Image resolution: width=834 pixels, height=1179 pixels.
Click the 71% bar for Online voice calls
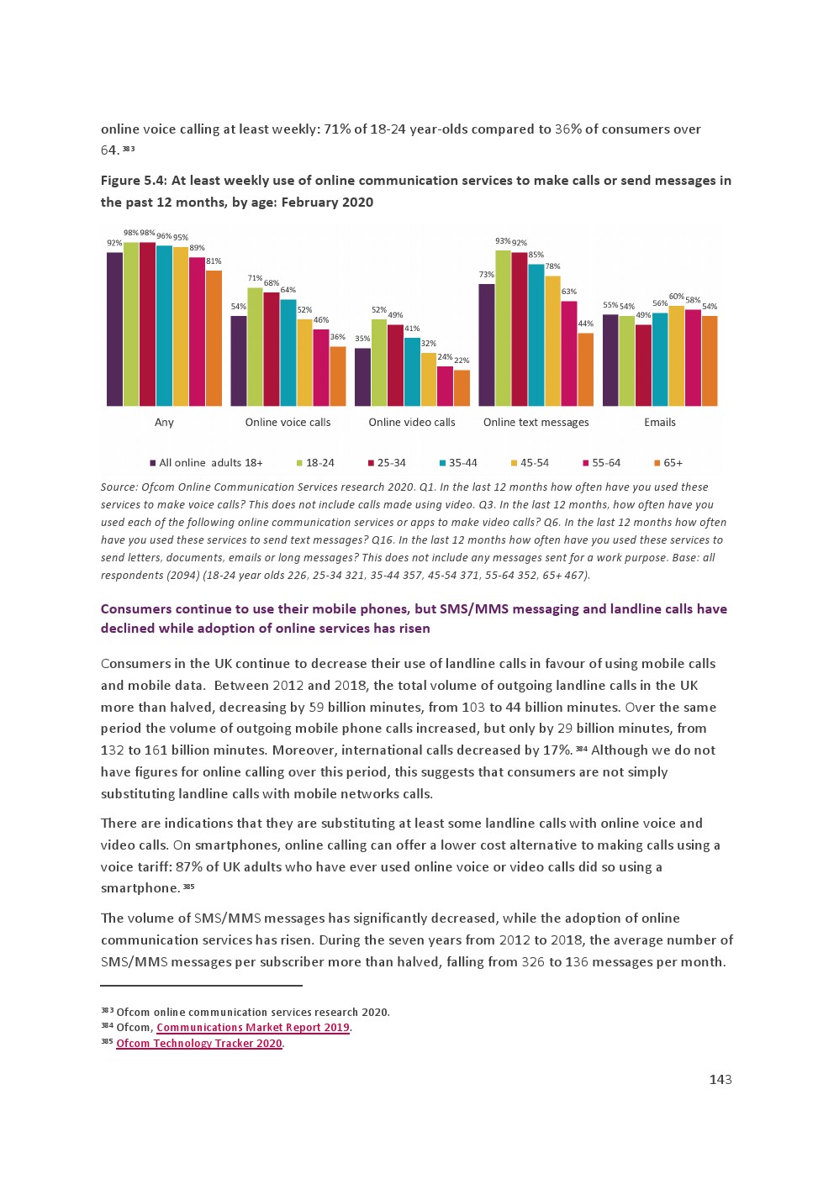coord(255,346)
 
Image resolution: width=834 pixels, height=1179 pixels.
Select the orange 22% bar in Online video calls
coord(462,387)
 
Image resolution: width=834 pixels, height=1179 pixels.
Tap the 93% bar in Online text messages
coord(503,328)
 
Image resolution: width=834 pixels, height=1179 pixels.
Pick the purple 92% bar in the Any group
coord(114,329)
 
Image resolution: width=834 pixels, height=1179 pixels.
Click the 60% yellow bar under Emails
coord(676,355)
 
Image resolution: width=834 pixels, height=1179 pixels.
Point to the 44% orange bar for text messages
coord(585,369)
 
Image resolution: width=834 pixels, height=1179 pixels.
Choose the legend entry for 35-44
coord(458,463)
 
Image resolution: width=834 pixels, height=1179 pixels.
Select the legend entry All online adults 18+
coord(206,463)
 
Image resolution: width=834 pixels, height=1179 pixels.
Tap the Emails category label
coord(659,423)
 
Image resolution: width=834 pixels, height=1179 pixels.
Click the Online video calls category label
coord(411,423)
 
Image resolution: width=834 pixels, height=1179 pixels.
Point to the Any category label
coord(164,423)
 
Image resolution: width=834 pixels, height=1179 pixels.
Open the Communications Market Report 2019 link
coord(252,1028)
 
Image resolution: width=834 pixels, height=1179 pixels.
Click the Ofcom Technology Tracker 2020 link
coord(198,1044)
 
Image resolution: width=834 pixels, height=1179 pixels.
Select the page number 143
coord(720,1080)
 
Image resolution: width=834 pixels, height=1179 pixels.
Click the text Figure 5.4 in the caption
coord(133,181)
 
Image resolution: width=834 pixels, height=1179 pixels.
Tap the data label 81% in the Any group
coord(214,261)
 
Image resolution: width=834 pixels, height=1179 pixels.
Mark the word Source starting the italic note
coord(119,487)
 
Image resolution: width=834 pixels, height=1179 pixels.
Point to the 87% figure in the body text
coord(189,867)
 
